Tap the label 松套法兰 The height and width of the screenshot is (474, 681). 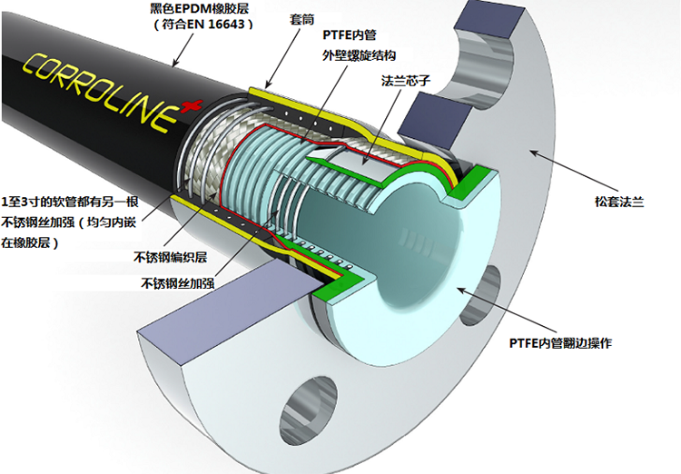(x=619, y=202)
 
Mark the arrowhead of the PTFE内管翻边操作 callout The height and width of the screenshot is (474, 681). (x=456, y=287)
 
